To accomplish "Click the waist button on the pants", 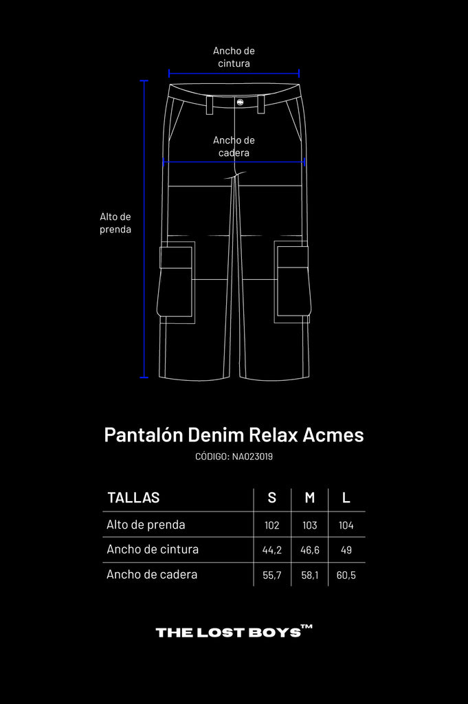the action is tap(240, 102).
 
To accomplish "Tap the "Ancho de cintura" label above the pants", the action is tap(234, 57).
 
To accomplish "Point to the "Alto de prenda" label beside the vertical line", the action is tap(115, 223).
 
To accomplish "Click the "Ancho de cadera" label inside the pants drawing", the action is tap(234, 146).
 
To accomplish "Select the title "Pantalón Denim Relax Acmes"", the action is tap(234, 435).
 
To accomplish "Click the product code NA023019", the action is tap(253, 456).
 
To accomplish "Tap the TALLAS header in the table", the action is tap(133, 498).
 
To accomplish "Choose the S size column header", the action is tap(272, 498).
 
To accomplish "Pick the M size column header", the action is tap(310, 498).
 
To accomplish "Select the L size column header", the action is tap(346, 498).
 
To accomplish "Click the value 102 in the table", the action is tap(272, 525).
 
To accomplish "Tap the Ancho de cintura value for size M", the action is tap(310, 550).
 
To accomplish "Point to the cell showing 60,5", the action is tap(346, 575).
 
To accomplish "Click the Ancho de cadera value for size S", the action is tap(272, 575).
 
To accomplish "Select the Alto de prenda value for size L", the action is tap(346, 525).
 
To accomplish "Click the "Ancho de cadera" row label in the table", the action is tap(152, 575).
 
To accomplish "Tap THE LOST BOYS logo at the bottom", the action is tap(234, 631).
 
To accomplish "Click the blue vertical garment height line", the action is tap(144, 229).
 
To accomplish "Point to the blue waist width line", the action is tap(234, 74).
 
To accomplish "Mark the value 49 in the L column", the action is tap(346, 550).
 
